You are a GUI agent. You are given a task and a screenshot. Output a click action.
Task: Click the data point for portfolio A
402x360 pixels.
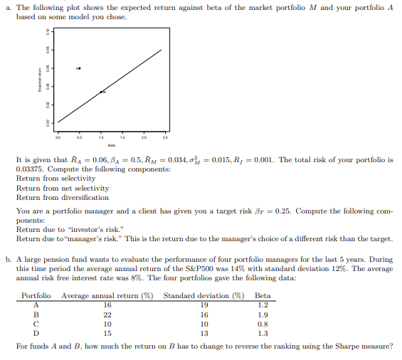80,68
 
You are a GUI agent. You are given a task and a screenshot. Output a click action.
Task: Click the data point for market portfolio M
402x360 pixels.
102,92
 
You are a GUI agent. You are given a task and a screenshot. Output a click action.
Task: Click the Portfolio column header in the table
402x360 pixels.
36,295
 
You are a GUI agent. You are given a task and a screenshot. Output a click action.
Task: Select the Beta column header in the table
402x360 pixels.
263,295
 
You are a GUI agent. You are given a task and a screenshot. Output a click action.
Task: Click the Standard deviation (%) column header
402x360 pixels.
203,295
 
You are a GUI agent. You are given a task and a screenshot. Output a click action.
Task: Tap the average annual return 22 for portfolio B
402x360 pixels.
107,314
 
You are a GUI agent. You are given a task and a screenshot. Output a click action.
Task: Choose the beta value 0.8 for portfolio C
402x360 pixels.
263,323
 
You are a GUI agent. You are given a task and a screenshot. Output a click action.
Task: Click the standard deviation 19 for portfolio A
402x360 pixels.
204,305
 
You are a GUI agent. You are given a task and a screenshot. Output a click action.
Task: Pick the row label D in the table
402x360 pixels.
36,332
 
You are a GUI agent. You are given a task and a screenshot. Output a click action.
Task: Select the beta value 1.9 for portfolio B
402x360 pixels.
263,314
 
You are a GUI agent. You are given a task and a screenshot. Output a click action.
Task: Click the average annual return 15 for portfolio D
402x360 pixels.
107,332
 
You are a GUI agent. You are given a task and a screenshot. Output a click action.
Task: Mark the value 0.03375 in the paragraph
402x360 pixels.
30,169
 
